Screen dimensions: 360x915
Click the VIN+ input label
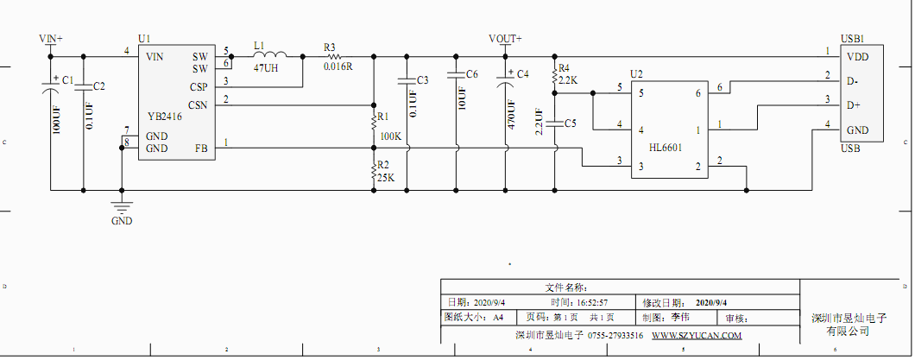[x=51, y=39]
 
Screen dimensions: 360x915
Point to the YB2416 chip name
[x=165, y=117]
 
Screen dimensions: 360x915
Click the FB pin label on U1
[x=201, y=148]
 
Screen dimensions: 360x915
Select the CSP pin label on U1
[x=199, y=86]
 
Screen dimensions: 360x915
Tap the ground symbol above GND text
[x=122, y=205]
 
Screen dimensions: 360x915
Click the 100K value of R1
[x=390, y=136]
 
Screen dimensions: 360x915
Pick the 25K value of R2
[x=385, y=178]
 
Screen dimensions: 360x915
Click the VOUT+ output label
[x=505, y=39]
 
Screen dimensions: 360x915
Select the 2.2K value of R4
[x=568, y=79]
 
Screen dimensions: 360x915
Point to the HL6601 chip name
[x=666, y=148]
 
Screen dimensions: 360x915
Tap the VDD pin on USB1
[x=857, y=57]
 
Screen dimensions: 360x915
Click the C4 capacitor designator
[x=522, y=74]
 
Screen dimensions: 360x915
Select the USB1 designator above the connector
[x=852, y=39]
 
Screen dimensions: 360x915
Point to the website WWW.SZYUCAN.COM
[x=697, y=335]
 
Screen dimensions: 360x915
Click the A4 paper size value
[x=498, y=318]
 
